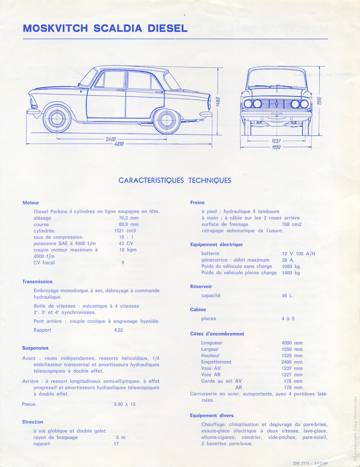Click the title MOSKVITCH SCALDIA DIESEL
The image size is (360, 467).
(x=105, y=28)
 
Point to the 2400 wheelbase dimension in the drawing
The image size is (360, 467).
(x=111, y=139)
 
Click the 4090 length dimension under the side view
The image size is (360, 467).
(x=119, y=144)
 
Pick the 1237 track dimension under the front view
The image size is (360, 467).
(x=276, y=141)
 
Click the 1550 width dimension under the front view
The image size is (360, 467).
(x=276, y=147)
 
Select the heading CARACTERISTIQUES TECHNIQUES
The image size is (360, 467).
(x=175, y=180)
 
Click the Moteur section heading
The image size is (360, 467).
(x=31, y=203)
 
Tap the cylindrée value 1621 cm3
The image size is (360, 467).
(x=125, y=231)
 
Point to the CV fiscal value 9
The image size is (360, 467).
(x=123, y=263)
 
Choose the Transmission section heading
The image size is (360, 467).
(x=37, y=282)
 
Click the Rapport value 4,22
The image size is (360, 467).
(x=118, y=330)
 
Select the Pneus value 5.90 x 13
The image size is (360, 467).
(x=125, y=404)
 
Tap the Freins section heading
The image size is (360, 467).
(x=198, y=203)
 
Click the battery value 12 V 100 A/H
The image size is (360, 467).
(x=298, y=254)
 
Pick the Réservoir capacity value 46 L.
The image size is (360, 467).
(x=288, y=296)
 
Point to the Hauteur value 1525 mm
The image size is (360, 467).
(x=292, y=356)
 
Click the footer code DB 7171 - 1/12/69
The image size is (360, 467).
(x=310, y=463)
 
